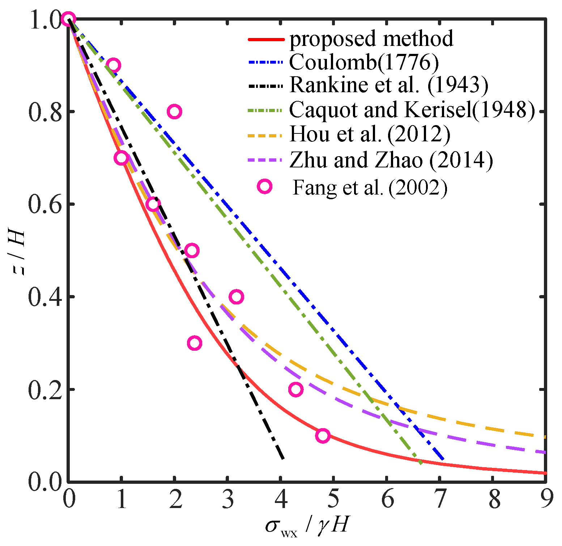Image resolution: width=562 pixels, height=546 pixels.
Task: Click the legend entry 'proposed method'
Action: (371, 39)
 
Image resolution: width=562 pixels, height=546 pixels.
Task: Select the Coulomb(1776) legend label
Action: (364, 62)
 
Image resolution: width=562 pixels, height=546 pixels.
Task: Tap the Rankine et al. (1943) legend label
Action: (389, 85)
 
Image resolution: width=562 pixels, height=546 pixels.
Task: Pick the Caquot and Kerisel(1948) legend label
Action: (412, 110)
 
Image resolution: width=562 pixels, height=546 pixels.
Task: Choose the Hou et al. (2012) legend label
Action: (370, 135)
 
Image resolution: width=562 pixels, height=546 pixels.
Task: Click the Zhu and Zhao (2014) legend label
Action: (391, 160)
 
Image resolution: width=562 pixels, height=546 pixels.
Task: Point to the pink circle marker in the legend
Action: (265, 187)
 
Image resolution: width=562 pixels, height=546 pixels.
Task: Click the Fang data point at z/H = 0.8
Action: (174, 112)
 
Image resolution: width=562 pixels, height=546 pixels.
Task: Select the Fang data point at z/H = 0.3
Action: (195, 343)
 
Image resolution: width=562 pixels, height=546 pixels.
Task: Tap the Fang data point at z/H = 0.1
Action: (323, 436)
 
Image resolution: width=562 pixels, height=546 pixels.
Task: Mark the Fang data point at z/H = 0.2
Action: (296, 389)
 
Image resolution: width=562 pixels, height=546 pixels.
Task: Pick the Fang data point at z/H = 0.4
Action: (236, 297)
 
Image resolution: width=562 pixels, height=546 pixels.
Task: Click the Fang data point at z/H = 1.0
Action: (68, 19)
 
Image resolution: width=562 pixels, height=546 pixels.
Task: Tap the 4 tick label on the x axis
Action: (281, 499)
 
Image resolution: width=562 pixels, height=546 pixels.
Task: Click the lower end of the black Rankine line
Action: (283, 459)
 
